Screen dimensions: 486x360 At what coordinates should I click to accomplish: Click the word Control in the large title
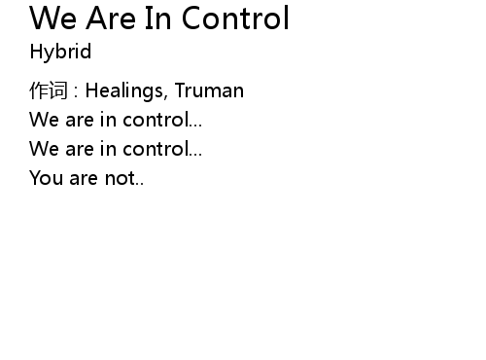pyautogui.click(x=235, y=18)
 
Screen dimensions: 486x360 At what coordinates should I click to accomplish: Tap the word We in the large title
pyautogui.click(x=53, y=18)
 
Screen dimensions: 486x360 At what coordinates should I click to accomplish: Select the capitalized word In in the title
pyautogui.click(x=157, y=18)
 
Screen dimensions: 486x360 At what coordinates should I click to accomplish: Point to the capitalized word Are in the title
pyautogui.click(x=111, y=18)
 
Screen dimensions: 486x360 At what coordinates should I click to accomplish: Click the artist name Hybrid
pyautogui.click(x=60, y=52)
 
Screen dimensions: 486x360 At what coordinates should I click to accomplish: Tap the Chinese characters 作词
pyautogui.click(x=49, y=90)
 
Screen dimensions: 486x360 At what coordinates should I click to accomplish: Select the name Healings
pyautogui.click(x=124, y=90)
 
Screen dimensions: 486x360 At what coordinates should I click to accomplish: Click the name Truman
pyautogui.click(x=209, y=90)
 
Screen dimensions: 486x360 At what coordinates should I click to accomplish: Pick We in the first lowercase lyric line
pyautogui.click(x=44, y=120)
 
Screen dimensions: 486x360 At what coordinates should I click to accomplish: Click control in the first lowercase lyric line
pyautogui.click(x=156, y=120)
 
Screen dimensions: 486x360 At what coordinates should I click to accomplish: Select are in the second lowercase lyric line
pyautogui.click(x=80, y=150)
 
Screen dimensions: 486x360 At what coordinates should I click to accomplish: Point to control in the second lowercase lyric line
pyautogui.click(x=156, y=149)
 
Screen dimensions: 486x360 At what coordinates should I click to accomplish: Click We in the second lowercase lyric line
pyautogui.click(x=44, y=149)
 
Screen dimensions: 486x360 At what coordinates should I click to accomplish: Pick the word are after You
pyautogui.click(x=84, y=179)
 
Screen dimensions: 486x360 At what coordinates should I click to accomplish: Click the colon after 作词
pyautogui.click(x=76, y=91)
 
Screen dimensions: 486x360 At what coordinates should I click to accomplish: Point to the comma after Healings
pyautogui.click(x=165, y=96)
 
